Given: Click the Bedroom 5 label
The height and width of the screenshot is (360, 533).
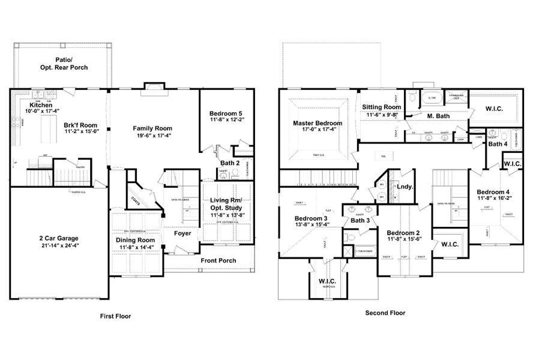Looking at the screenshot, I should pos(226,113).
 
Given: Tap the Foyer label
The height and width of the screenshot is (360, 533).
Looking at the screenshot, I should pos(182,233).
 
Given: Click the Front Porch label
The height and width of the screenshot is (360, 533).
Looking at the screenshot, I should pos(219,260).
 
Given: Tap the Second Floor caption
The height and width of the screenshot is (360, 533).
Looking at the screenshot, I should pos(385,313).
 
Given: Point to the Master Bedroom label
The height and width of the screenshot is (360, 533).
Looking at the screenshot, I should pos(317,124).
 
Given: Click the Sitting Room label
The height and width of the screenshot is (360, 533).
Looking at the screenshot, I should pos(381,107).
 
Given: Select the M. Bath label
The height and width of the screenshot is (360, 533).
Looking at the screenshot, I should pos(438,115).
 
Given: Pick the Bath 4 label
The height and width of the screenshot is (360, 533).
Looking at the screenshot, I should pos(498,144).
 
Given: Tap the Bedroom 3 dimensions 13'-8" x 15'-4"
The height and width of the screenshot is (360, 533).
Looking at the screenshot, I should pos(311,226).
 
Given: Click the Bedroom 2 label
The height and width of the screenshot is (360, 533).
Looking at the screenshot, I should pos(402,233).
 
